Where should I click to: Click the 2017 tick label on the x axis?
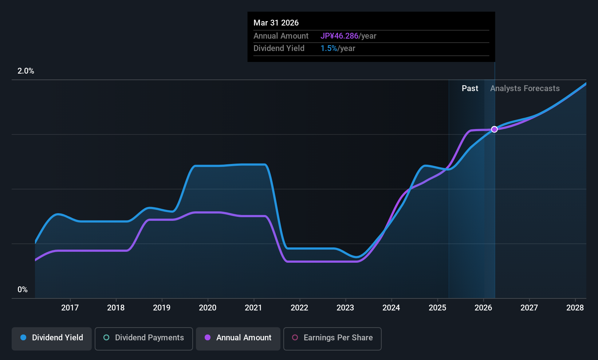pos(70,308)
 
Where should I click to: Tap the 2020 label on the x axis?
pos(208,308)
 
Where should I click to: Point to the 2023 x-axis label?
pos(346,308)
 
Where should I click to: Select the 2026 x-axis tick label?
pos(483,308)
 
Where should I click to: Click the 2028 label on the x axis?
pos(575,308)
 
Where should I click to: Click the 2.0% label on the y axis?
pos(26,71)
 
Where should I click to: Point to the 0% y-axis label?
pos(23,290)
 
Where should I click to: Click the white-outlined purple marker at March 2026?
pos(495,129)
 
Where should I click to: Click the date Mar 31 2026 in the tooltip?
pos(276,23)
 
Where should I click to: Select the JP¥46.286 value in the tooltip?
pos(339,36)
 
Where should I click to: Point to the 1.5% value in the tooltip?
pos(329,48)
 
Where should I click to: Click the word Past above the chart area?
pos(470,89)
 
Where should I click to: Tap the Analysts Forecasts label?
pos(525,89)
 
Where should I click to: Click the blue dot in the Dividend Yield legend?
pos(24,337)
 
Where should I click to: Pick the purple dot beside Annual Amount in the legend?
pos(208,337)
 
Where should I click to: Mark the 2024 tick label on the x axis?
pos(392,308)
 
